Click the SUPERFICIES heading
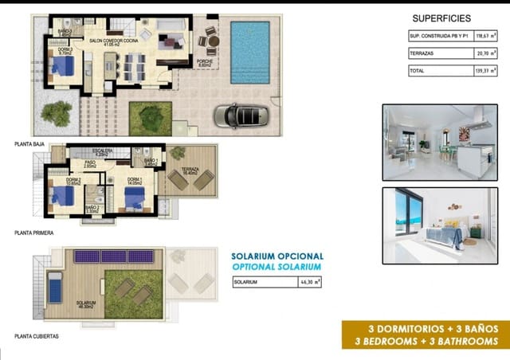point(441,18)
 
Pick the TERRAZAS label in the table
point(422,53)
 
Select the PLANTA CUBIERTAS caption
point(36,336)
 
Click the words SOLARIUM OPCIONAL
point(277,256)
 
